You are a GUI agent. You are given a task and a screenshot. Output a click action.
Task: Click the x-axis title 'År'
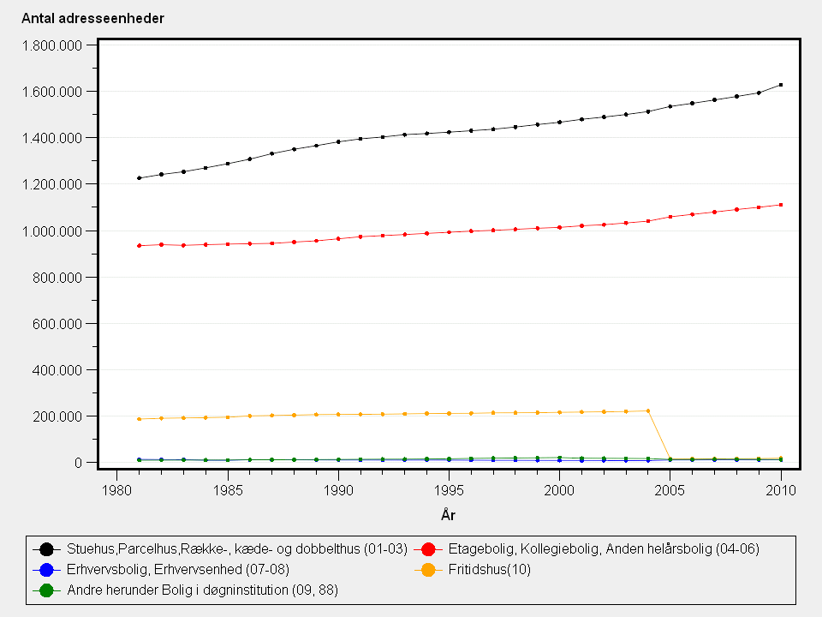click(x=448, y=514)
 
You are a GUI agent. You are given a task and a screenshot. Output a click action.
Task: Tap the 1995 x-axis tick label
click(x=449, y=489)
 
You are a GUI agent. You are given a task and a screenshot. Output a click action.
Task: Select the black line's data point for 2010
click(x=781, y=85)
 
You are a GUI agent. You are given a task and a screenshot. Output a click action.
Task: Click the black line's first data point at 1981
click(x=140, y=178)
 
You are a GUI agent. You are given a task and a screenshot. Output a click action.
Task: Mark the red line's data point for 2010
click(x=781, y=205)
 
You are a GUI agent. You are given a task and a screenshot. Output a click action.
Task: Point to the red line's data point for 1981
click(x=140, y=245)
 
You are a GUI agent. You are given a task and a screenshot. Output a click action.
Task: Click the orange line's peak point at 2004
click(x=648, y=410)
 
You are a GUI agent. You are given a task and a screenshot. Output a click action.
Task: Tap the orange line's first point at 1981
click(x=140, y=419)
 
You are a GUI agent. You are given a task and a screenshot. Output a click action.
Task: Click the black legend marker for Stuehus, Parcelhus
click(x=47, y=549)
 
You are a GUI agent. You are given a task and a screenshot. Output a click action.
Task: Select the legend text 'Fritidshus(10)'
click(x=490, y=570)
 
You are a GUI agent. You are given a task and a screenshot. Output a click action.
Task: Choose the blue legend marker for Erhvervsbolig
click(x=47, y=570)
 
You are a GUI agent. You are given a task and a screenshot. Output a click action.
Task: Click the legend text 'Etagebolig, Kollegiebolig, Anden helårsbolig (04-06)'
click(x=604, y=549)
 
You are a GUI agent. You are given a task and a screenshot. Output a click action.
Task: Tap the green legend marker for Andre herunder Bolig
click(x=47, y=590)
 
